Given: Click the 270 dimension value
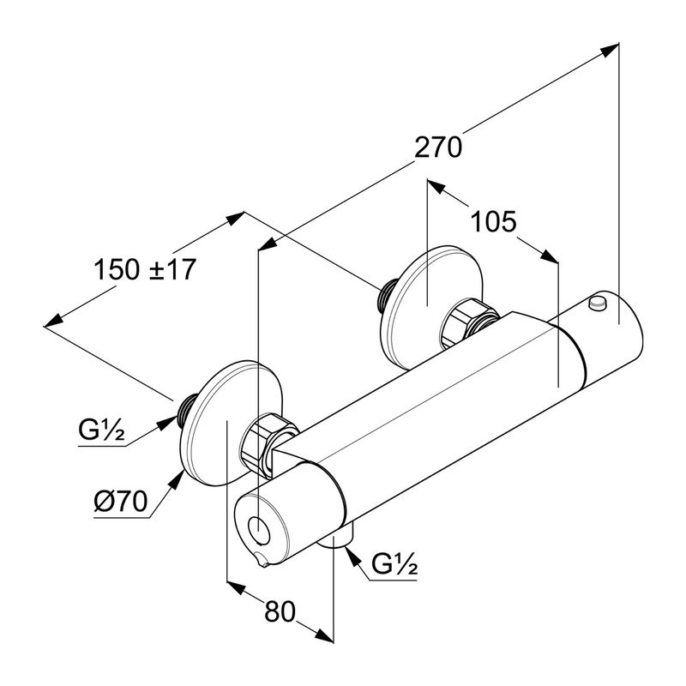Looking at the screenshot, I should [438, 147].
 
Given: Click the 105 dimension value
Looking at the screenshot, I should [493, 223].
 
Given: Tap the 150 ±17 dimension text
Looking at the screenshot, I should [146, 269].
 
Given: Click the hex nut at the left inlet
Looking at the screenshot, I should [266, 437].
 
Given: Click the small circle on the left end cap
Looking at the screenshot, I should [257, 527].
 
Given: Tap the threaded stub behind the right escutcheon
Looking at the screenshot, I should [385, 294].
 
